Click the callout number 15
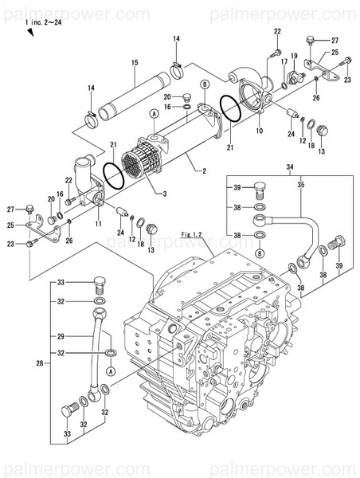pyautogui.click(x=135, y=63)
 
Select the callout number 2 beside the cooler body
pyautogui.click(x=204, y=171)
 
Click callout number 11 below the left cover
pyautogui.click(x=98, y=225)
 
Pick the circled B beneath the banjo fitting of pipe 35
pyautogui.click(x=260, y=253)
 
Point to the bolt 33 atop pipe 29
pyautogui.click(x=99, y=283)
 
